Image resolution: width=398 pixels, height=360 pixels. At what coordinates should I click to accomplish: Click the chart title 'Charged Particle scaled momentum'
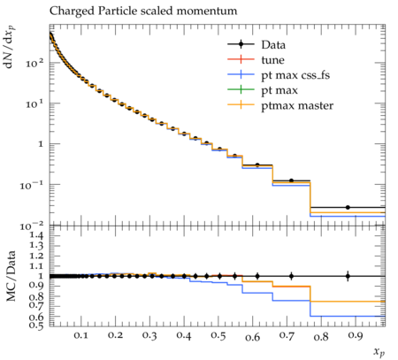143,11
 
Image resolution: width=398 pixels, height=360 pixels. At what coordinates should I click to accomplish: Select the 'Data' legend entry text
273,45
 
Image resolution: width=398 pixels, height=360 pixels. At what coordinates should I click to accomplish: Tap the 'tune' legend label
272,60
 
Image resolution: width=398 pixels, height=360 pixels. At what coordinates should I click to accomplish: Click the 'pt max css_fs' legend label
295,75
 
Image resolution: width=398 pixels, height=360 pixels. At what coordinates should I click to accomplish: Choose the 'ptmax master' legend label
297,105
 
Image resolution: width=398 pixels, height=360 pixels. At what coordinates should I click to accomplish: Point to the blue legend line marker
241,74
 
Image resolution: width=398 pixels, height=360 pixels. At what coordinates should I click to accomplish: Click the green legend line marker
241,89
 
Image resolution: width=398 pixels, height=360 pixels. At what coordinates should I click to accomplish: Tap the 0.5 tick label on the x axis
218,336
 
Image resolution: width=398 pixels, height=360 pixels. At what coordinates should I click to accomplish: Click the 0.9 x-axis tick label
356,336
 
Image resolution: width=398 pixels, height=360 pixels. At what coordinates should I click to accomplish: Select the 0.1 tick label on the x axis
80,336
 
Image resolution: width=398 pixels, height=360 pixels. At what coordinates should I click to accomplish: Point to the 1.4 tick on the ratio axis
37,235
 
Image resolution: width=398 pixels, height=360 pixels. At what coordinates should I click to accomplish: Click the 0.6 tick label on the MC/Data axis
37,317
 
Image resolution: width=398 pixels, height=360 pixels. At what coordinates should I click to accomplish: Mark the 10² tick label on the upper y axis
34,63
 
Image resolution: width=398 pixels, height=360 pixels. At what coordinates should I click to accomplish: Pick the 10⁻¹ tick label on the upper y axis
32,185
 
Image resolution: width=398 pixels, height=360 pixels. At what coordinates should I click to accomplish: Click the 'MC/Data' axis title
11,276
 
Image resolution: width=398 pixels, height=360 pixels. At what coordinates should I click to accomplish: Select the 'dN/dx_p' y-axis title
10,47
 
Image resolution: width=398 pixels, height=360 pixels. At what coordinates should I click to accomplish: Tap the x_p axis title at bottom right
379,352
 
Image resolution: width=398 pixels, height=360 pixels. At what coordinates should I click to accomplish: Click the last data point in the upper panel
348,208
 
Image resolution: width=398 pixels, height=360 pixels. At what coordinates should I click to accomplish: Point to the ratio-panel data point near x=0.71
291,276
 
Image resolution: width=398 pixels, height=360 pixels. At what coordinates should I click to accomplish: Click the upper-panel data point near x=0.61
257,165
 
